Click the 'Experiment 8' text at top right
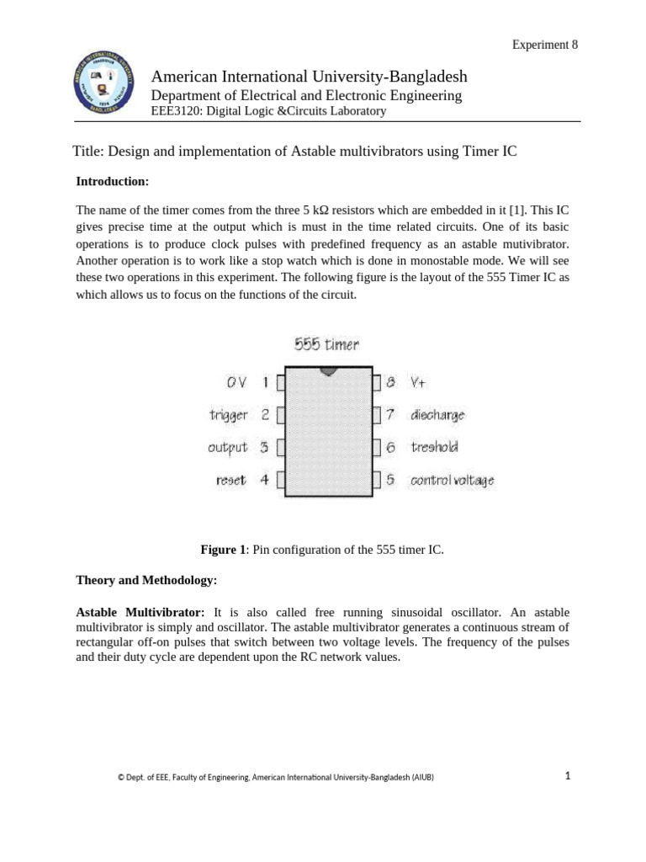[x=545, y=45]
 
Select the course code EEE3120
[x=175, y=111]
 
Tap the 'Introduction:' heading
[x=112, y=181]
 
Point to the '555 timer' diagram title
[x=326, y=344]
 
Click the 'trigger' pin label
[x=228, y=414]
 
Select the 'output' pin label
[x=227, y=447]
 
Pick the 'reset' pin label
[x=230, y=480]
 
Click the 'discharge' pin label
[x=437, y=414]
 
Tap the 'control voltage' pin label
[x=452, y=481]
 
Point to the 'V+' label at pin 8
[x=418, y=382]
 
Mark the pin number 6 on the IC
[x=390, y=447]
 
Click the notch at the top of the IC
[x=329, y=370]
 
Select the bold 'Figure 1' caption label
[x=223, y=550]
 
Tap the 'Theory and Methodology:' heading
[x=146, y=581]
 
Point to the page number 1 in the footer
[x=568, y=776]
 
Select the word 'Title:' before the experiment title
[x=90, y=150]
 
